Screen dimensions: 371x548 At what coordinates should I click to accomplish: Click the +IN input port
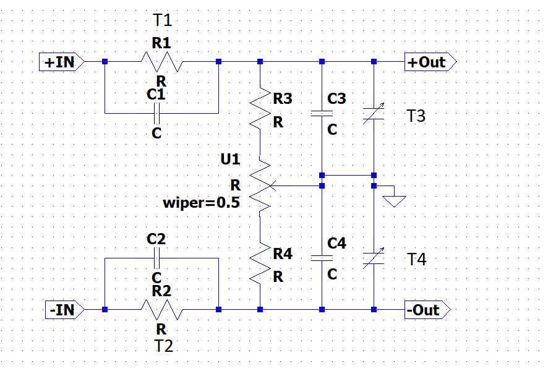tap(61, 62)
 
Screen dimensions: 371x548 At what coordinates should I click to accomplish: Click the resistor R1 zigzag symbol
tap(161, 62)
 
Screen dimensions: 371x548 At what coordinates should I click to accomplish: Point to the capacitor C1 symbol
tap(157, 113)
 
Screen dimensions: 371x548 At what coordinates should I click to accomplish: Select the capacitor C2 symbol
tap(157, 257)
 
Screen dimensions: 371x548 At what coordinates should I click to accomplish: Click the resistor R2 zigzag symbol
tap(161, 309)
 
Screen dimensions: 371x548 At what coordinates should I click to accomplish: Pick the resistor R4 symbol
tap(260, 264)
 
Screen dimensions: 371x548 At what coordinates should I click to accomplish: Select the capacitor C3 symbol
tap(322, 114)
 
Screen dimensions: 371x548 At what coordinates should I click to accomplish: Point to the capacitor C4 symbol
tap(322, 258)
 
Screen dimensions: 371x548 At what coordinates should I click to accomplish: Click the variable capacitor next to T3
tap(374, 114)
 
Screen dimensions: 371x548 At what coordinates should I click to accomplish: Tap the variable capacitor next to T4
tap(374, 258)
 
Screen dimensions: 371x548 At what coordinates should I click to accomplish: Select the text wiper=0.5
tap(201, 202)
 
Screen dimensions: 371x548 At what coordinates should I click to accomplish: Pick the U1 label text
tap(230, 160)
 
